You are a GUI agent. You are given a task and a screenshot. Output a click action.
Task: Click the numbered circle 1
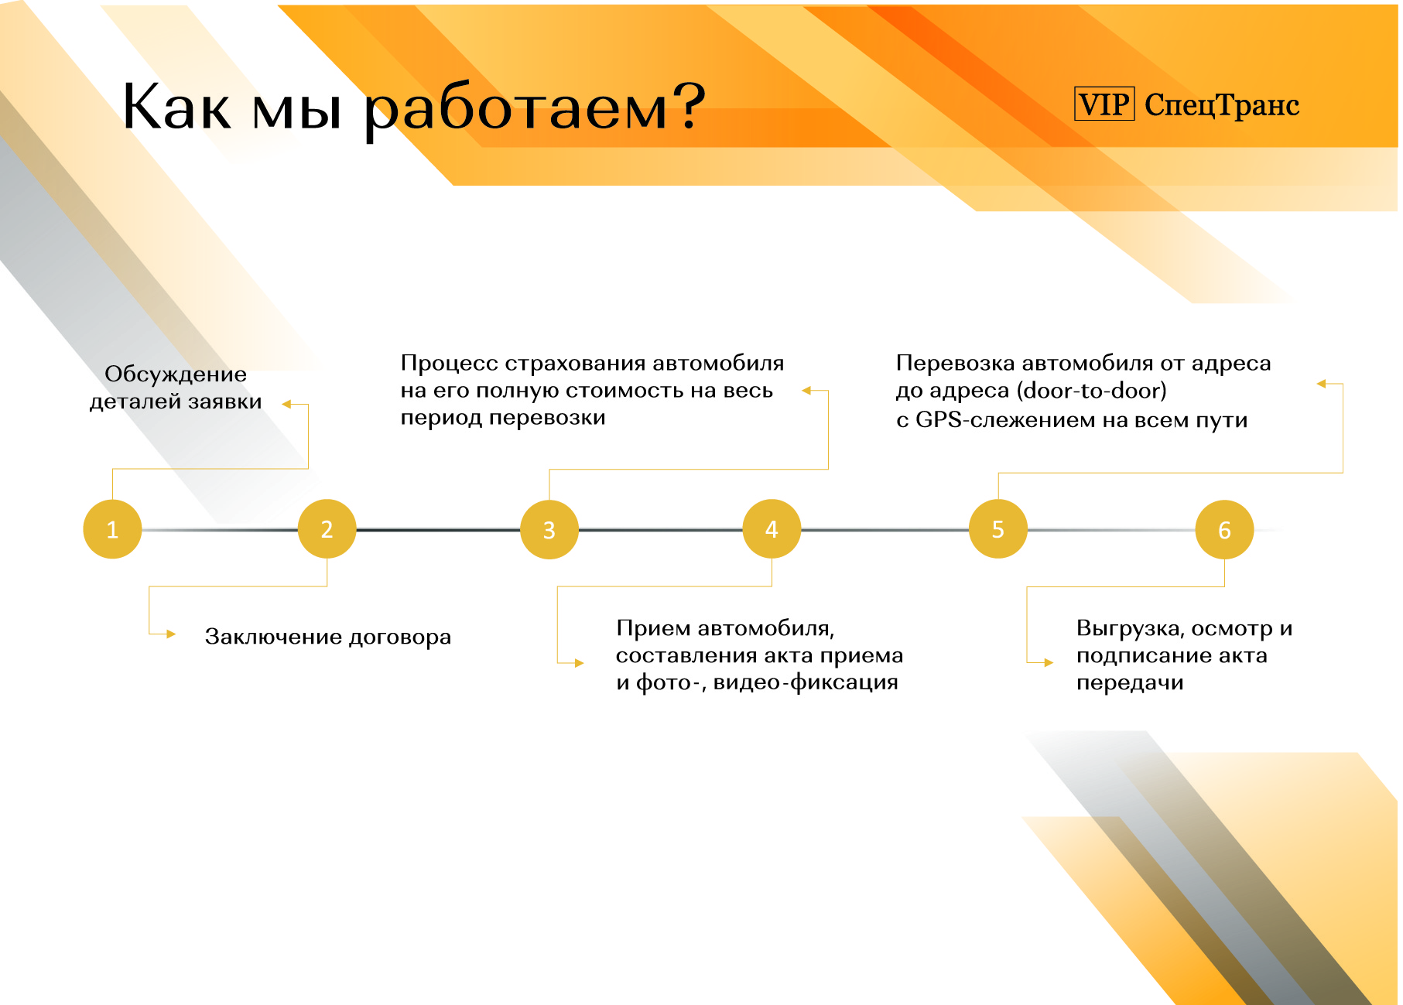click(112, 529)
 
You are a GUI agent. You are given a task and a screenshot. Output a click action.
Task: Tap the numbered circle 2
click(327, 529)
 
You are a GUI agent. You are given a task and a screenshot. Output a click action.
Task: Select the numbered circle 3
click(549, 529)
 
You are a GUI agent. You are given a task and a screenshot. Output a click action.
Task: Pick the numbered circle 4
click(772, 529)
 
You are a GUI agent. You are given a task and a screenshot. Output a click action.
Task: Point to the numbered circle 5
click(998, 529)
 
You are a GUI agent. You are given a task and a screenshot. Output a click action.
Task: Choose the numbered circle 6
click(1224, 529)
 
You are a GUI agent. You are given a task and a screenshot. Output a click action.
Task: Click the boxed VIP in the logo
click(1104, 104)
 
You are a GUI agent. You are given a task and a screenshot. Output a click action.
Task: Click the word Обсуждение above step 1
click(176, 374)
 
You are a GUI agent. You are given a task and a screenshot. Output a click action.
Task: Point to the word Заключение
click(272, 636)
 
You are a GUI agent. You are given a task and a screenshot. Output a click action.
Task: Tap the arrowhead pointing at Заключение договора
click(171, 634)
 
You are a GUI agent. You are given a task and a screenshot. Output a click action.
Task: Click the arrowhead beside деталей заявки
click(286, 404)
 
